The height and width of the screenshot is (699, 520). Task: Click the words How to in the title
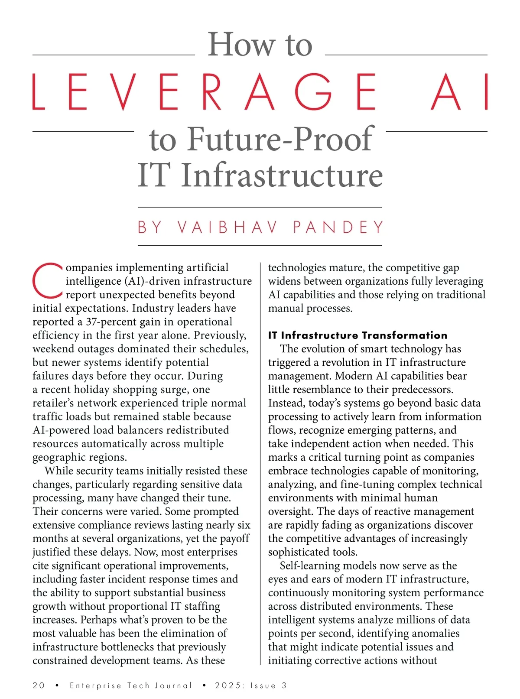(260, 45)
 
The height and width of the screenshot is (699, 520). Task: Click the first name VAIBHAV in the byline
(227, 227)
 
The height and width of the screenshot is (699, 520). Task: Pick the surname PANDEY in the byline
(338, 227)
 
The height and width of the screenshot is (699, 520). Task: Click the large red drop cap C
(48, 280)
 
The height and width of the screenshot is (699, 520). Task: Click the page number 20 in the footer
(39, 685)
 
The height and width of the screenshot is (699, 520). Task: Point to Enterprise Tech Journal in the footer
(130, 685)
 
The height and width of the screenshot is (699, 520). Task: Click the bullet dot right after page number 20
(57, 685)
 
